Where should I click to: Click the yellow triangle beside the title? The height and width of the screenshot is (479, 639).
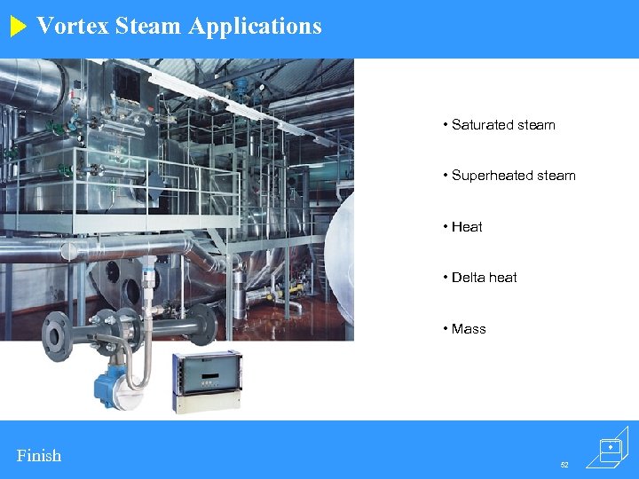coord(19,27)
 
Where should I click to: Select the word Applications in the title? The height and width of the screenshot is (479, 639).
coord(255,27)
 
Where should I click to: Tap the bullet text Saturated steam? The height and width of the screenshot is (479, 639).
coord(502,125)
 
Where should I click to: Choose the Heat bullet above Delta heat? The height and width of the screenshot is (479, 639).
coord(466,227)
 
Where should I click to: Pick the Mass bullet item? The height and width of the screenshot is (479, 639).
coord(468,329)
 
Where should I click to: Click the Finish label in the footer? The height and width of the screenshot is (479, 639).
coord(39,456)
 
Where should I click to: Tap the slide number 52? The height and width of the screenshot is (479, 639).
coord(564,465)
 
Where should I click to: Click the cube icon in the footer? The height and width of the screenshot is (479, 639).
coord(610,449)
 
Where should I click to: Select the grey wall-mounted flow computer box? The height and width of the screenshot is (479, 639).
coord(207,381)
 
